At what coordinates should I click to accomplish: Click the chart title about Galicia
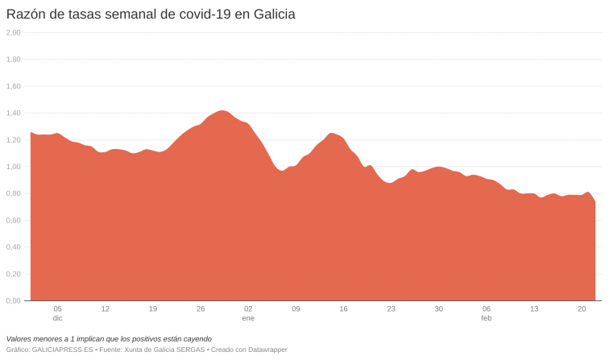150,14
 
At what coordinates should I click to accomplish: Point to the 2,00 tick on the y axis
13,33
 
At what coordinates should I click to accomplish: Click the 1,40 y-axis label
13,114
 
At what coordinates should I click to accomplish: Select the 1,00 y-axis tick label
13,167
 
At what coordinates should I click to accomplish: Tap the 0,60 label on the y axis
13,221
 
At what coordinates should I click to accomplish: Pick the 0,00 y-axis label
13,300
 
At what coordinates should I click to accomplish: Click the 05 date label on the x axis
57,308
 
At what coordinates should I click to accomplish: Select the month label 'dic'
57,318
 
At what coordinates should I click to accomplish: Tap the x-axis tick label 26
201,308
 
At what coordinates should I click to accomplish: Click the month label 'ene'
248,318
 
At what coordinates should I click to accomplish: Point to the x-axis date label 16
343,308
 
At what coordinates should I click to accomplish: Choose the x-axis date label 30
438,308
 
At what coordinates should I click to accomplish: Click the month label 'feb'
487,318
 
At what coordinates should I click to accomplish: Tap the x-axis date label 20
582,308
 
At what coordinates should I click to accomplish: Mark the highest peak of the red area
223,111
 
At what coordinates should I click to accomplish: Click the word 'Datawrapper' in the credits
265,350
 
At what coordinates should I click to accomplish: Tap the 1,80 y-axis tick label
13,60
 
